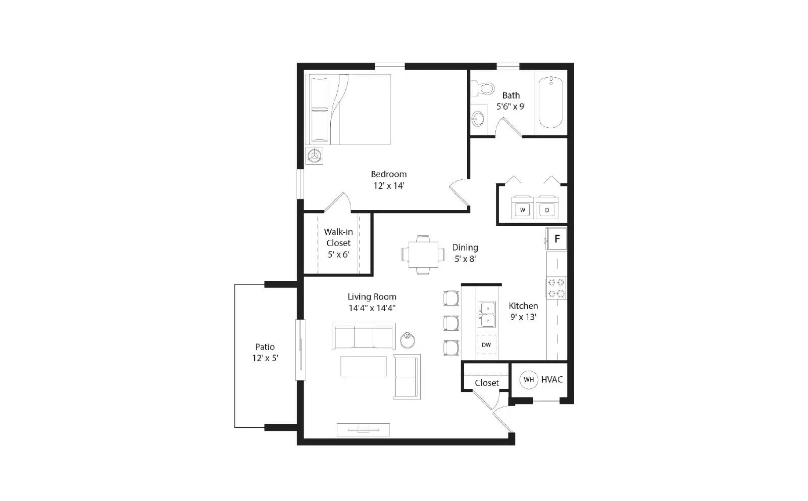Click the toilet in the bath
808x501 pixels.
[483, 89]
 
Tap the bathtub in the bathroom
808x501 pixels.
[550, 103]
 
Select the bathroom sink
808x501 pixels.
[478, 119]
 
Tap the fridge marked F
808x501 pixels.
[557, 239]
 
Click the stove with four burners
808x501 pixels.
[556, 288]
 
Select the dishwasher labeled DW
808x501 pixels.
[486, 345]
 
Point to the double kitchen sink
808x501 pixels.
[487, 314]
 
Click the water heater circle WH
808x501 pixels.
[528, 380]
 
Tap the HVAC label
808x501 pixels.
[551, 379]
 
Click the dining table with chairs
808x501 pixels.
[423, 255]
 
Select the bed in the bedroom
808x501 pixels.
[348, 109]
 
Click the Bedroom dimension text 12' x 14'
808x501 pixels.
[389, 186]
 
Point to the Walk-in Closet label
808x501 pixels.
[338, 237]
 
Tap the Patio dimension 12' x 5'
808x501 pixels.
[265, 358]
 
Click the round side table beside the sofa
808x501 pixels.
[408, 340]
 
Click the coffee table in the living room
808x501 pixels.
[364, 366]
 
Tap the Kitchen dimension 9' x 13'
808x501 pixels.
[523, 317]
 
